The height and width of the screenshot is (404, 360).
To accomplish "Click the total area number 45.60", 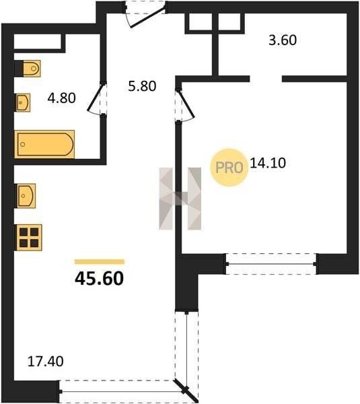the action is (x=99, y=279).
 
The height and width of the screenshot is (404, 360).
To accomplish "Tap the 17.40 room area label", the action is (x=45, y=361).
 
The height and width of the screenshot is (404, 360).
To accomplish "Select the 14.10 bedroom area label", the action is (x=268, y=163).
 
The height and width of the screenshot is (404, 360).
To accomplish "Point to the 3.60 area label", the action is (x=283, y=40).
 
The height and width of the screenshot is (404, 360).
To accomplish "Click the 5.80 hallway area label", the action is (x=142, y=86).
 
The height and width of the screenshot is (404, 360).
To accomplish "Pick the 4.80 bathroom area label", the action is (x=61, y=98).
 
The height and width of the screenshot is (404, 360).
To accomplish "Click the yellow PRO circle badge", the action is (x=229, y=168).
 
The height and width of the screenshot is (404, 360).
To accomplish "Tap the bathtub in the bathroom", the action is (x=44, y=144).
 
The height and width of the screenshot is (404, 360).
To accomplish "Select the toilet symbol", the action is (x=28, y=69).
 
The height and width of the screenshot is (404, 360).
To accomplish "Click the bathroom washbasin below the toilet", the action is (x=23, y=102).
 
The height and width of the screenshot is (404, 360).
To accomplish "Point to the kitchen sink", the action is (x=26, y=196).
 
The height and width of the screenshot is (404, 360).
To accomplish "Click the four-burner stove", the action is (x=29, y=238).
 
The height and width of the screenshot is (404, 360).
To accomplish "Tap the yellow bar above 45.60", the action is (x=100, y=262).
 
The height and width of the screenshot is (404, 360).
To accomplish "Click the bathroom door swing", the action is (x=98, y=98).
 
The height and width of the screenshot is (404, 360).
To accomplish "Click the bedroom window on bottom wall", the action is (x=271, y=264).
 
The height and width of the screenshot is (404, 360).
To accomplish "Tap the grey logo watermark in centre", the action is (x=180, y=199).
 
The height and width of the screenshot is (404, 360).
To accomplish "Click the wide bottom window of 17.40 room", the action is (x=121, y=391).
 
